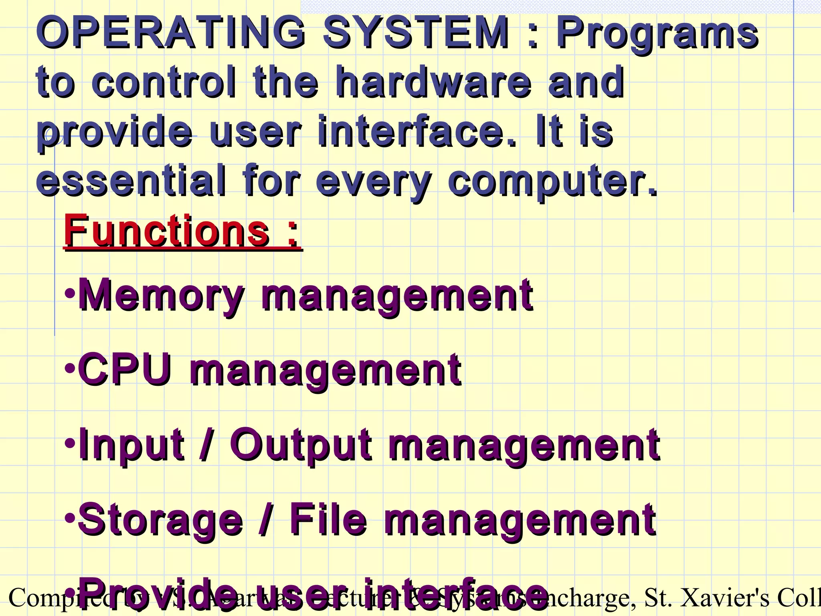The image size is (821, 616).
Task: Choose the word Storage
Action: (160, 521)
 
